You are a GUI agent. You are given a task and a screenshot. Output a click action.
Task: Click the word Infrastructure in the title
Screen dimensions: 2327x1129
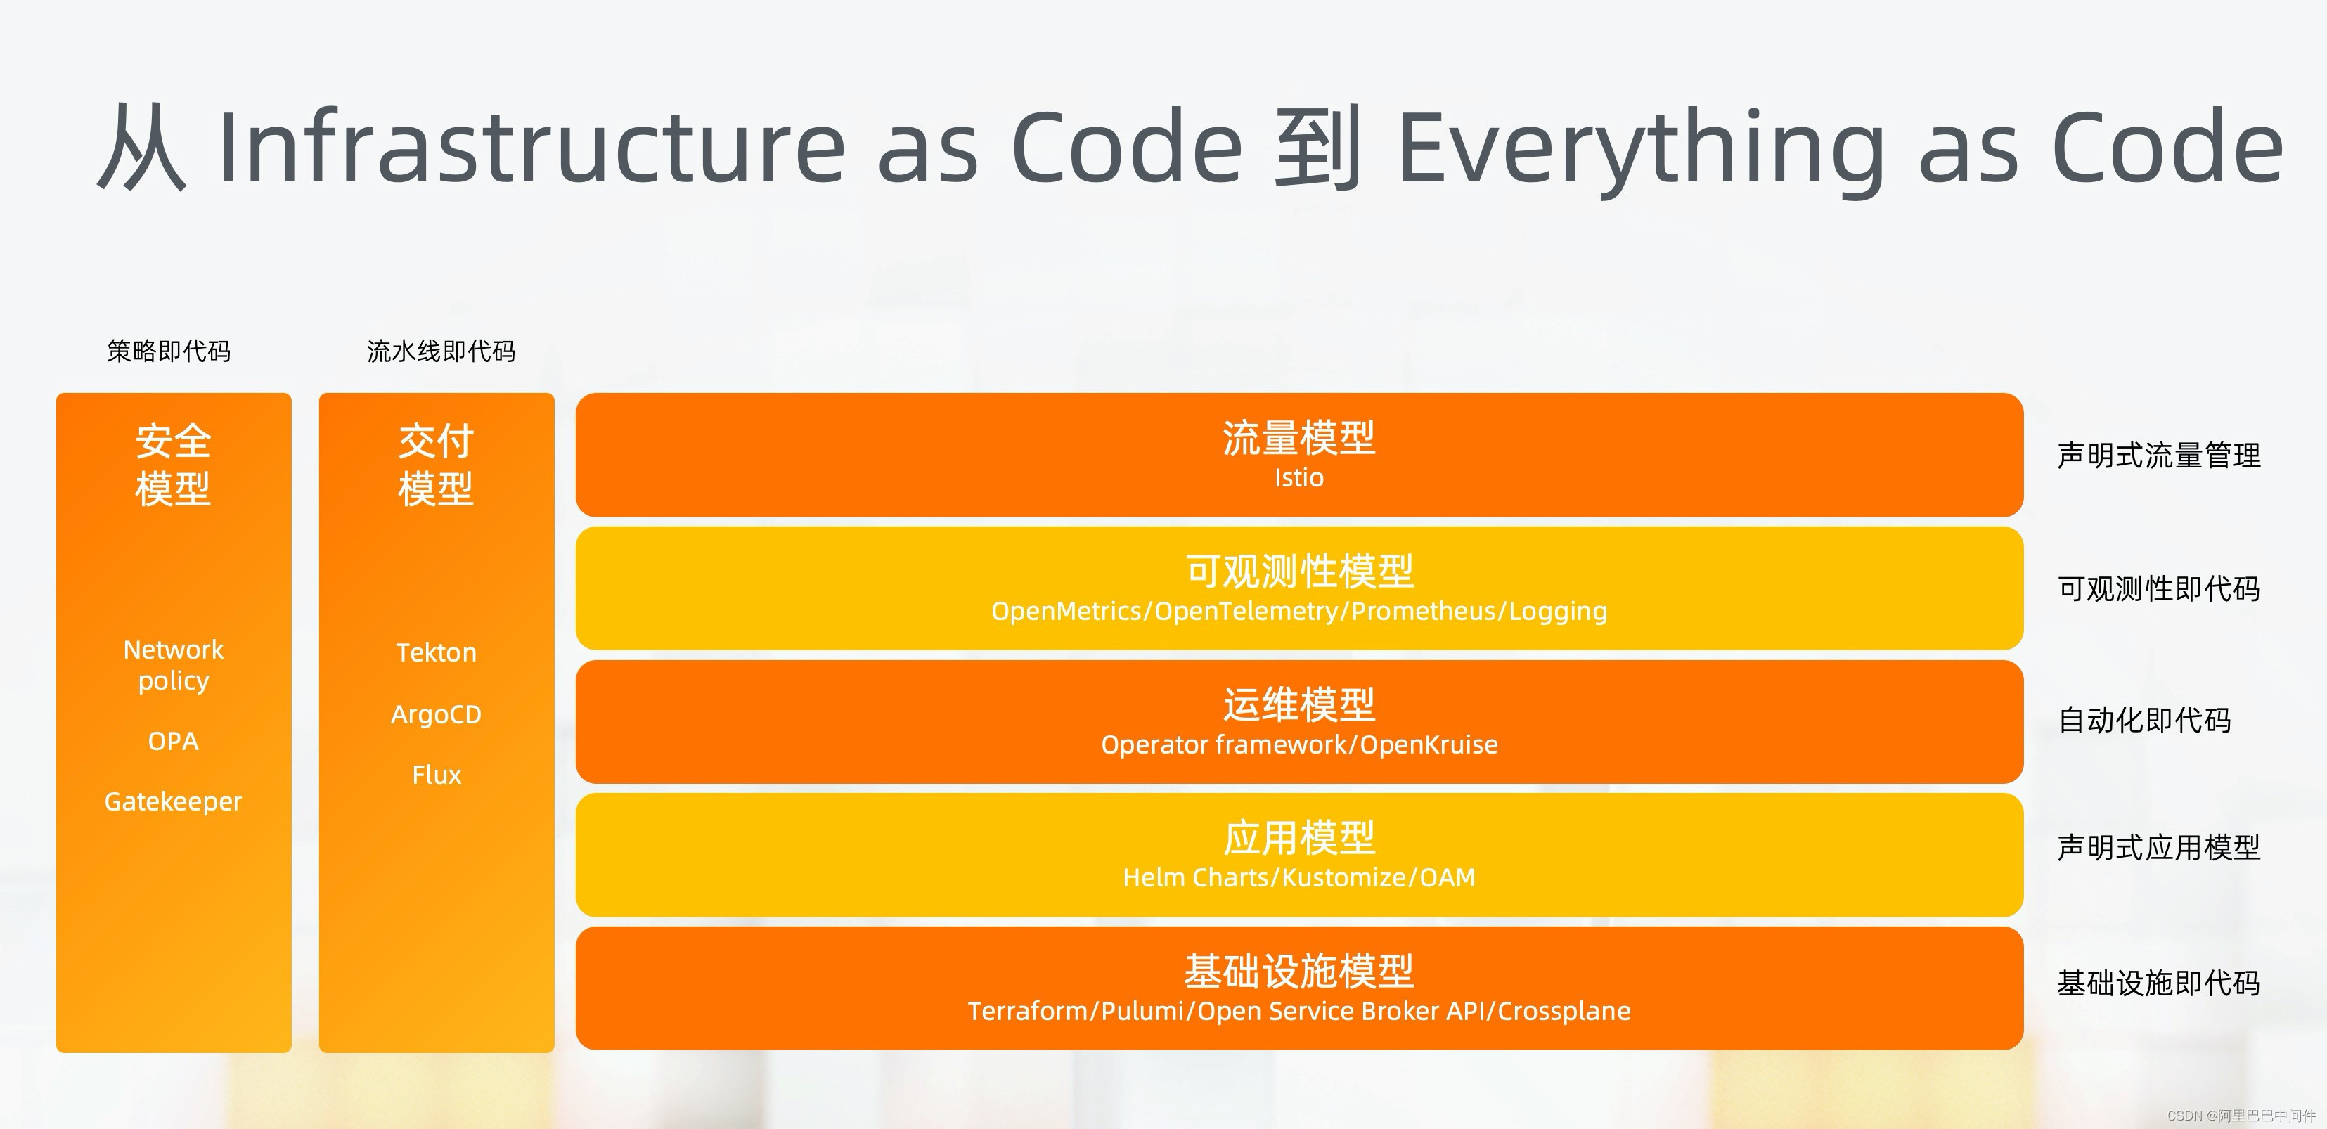click(532, 146)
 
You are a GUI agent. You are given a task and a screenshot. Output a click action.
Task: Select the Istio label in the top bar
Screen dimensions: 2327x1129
click(1299, 478)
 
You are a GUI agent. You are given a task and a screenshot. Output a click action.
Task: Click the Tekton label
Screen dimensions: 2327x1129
click(437, 652)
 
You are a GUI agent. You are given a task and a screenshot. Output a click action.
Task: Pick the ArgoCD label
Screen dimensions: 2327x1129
click(437, 714)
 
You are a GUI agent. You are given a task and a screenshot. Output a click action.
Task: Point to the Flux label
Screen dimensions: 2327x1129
click(437, 775)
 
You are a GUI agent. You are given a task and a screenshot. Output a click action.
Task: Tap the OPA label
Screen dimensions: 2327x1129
click(174, 742)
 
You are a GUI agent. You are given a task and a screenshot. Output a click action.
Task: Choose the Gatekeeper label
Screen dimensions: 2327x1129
click(174, 802)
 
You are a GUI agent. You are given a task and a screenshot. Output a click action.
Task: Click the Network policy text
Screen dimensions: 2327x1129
click(174, 665)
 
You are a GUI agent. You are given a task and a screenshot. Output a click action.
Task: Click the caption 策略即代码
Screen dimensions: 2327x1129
click(169, 351)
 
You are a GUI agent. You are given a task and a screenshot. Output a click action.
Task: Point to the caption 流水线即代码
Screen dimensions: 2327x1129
click(441, 351)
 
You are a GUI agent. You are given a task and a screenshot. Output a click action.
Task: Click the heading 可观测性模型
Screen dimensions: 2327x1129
click(1300, 572)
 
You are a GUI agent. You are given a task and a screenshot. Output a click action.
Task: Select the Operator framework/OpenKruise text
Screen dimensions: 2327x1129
click(1299, 744)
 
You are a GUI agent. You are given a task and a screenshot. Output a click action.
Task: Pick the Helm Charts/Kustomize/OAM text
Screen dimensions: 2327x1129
click(1299, 877)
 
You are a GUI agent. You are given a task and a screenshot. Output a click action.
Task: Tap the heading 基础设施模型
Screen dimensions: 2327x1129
click(1299, 972)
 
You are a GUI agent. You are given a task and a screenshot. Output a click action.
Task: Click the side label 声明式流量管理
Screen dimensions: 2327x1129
click(2159, 456)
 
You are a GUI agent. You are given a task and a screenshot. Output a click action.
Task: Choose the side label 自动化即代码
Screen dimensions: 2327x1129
click(2144, 720)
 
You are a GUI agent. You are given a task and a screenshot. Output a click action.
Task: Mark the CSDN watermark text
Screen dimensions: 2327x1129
click(2241, 1116)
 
